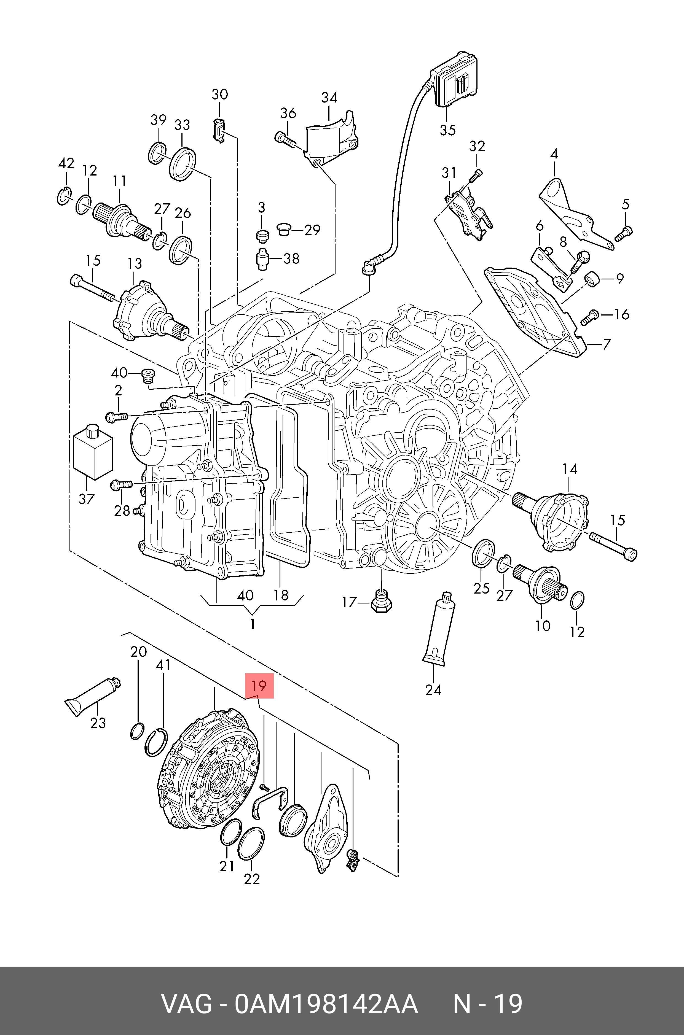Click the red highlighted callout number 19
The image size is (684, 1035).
click(x=259, y=686)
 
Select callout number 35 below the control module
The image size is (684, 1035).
click(x=447, y=130)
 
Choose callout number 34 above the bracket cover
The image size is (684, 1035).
click(x=329, y=98)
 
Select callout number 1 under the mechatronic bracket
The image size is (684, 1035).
click(x=252, y=624)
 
